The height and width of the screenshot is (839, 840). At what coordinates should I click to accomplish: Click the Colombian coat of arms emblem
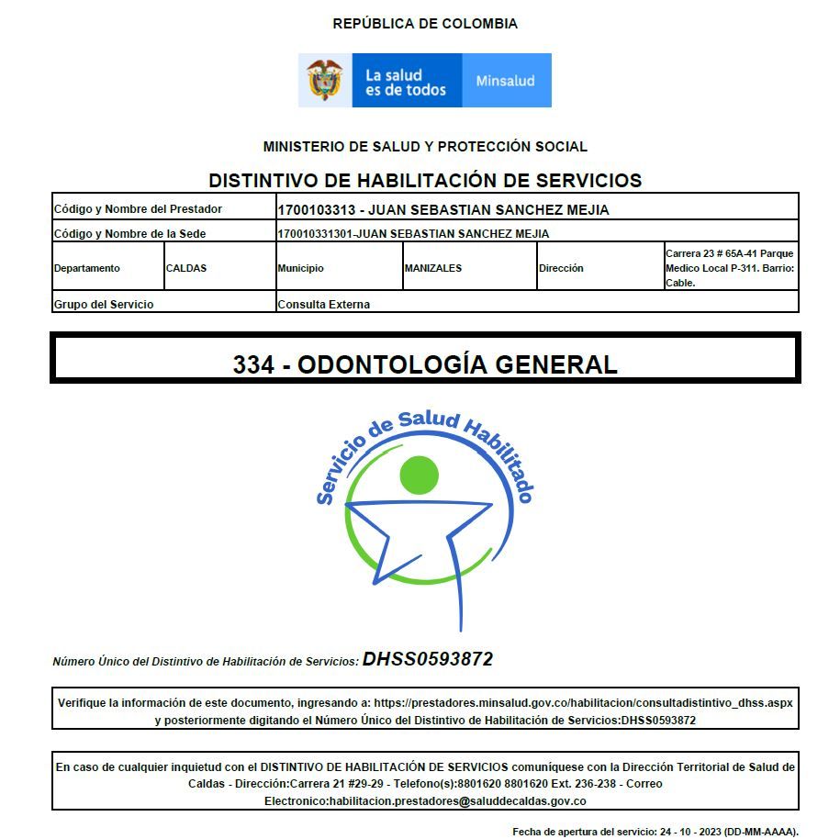[x=324, y=80]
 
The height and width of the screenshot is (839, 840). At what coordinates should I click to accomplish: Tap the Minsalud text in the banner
[x=505, y=81]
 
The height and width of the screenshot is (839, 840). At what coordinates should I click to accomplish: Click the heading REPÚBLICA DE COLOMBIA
[x=425, y=24]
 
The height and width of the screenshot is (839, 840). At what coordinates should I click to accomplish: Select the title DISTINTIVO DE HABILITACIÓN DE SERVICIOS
[x=425, y=180]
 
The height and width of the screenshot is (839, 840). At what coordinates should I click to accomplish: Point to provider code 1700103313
[x=316, y=209]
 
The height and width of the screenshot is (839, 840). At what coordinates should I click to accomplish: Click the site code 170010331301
[x=315, y=234]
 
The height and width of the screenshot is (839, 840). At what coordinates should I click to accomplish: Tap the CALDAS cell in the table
[x=186, y=268]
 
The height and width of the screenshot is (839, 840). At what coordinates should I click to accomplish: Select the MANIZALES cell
[x=432, y=268]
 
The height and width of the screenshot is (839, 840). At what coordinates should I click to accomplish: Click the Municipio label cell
[x=301, y=268]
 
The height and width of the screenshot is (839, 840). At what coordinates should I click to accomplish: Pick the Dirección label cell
[x=561, y=268]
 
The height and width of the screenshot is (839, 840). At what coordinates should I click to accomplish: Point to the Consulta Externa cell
[x=324, y=304]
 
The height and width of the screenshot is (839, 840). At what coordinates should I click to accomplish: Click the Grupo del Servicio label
[x=104, y=304]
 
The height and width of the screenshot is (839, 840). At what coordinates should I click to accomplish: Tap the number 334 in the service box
[x=252, y=364]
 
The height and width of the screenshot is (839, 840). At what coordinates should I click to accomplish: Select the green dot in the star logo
[x=420, y=474]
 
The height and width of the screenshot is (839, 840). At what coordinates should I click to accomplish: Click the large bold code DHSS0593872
[x=428, y=659]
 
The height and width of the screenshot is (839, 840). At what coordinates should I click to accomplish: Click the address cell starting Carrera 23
[x=730, y=268]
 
